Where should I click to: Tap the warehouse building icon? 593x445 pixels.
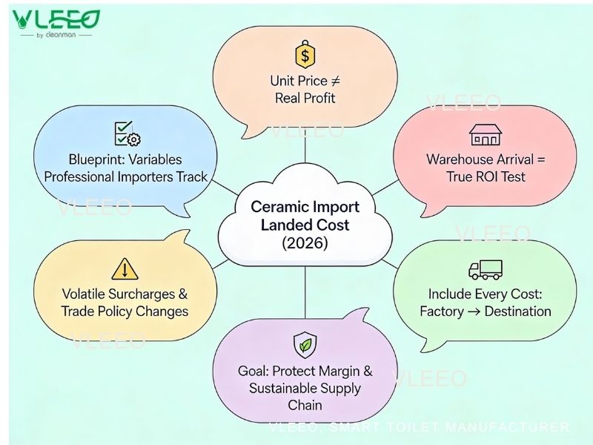[x=486, y=134]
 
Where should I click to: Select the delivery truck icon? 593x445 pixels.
[x=486, y=270]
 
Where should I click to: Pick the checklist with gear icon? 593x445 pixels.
[x=127, y=134]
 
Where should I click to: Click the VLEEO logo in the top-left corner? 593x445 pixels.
[x=56, y=20]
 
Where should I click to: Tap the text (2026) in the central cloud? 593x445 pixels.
[x=305, y=243]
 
